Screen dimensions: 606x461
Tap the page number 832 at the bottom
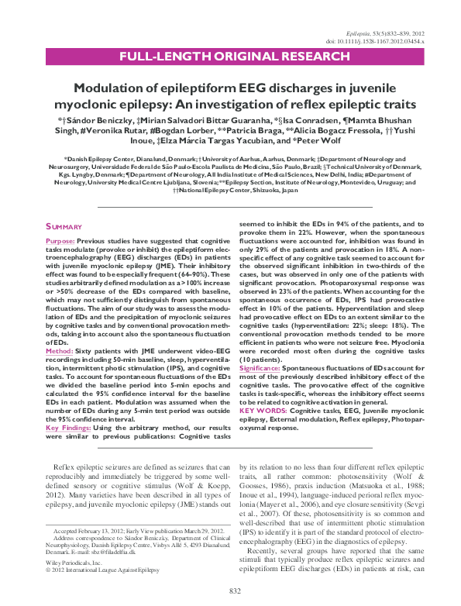click(x=230, y=592)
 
